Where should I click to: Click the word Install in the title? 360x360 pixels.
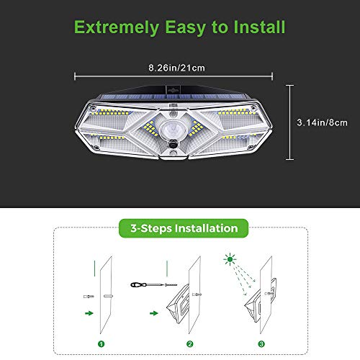[257, 28]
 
